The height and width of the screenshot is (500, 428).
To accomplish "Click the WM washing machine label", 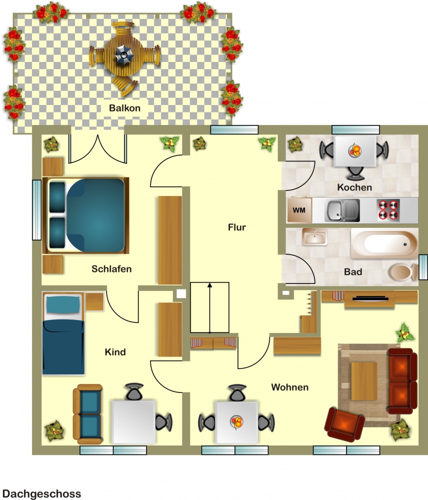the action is click(x=299, y=210).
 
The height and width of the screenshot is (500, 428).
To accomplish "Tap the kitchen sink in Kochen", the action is click(x=342, y=210).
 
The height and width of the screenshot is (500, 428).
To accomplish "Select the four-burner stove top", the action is click(x=388, y=210).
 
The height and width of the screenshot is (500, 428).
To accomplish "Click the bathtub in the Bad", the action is click(x=384, y=244).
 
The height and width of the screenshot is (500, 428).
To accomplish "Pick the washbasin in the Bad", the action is click(x=315, y=236).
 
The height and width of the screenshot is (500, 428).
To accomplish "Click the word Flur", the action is click(x=237, y=227).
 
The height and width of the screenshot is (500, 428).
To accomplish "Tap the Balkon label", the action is click(x=124, y=108).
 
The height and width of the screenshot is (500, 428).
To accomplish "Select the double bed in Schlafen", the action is click(x=85, y=215).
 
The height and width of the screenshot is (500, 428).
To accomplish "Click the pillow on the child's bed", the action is click(x=63, y=304).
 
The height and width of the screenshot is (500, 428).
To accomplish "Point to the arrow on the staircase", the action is click(x=209, y=307).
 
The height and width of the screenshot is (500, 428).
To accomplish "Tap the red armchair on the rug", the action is click(x=344, y=424).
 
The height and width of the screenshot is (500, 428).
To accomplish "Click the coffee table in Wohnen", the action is click(x=364, y=380).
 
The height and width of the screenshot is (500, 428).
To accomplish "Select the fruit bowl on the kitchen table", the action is click(x=354, y=150).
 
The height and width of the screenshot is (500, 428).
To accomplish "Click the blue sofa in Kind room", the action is click(x=87, y=414).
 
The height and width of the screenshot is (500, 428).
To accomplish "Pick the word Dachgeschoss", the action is click(x=41, y=493).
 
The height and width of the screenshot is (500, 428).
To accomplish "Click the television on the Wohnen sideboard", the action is click(x=370, y=298).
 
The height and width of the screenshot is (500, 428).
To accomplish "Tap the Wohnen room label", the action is click(x=290, y=387).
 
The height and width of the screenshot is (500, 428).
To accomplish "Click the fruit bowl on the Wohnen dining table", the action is click(x=236, y=422).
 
